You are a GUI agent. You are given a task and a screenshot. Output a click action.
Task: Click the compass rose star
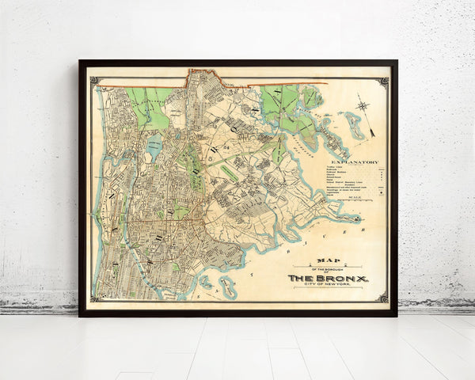tap(362, 104)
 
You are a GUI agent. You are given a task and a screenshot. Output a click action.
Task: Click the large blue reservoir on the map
tap(154, 145)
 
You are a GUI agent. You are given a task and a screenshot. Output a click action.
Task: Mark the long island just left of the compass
tap(353, 125)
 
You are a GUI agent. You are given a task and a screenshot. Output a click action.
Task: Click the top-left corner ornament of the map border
tap(94, 80)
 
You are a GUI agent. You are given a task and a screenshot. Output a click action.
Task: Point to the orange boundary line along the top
tap(261, 83)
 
